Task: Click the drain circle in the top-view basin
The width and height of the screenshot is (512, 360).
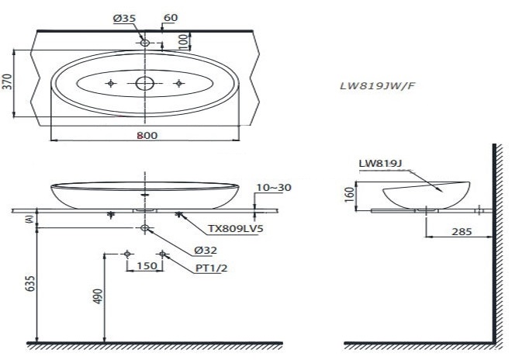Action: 145,83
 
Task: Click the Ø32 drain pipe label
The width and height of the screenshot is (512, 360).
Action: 205,250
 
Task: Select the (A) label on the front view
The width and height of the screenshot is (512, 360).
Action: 29,220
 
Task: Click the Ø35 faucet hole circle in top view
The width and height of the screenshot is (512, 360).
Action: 145,43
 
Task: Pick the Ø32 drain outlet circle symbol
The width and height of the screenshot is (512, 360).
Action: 145,228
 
